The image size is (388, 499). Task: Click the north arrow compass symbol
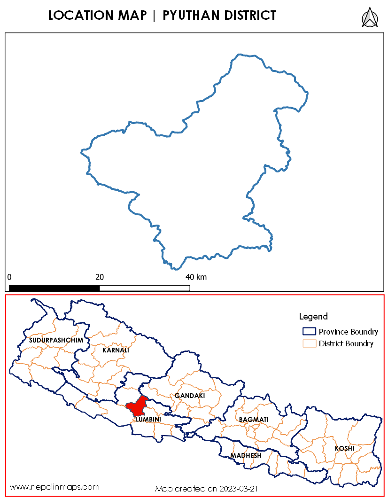point(370,17)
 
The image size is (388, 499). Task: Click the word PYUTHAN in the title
point(192,16)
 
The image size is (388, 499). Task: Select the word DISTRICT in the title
point(250,16)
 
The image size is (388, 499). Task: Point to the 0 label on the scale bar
point(9,277)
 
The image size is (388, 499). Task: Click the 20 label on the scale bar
point(100,277)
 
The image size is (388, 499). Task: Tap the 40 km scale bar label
point(196,277)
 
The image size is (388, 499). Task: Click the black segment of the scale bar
point(54,288)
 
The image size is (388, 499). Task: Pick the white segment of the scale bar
point(145,288)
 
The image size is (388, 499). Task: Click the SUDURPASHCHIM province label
point(56,340)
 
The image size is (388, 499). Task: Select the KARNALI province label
point(116,350)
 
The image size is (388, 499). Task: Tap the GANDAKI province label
point(190,396)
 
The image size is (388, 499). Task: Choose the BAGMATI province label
point(254,419)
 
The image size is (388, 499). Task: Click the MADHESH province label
point(246,456)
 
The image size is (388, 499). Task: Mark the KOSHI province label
point(344,449)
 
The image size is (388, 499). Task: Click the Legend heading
point(313,317)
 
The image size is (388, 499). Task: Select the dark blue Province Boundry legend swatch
point(309,331)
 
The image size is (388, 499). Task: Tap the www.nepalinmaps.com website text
point(54,487)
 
